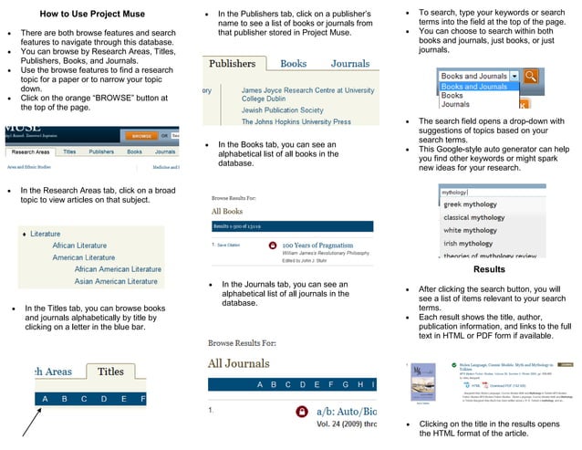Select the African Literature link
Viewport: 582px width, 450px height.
coord(79,246)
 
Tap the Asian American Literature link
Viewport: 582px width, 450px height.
coord(118,281)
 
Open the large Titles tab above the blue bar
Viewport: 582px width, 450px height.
coord(110,372)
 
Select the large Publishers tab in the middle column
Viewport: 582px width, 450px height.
coord(232,64)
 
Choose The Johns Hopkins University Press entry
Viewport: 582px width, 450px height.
coord(296,121)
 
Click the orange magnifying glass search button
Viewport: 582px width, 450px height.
coord(530,77)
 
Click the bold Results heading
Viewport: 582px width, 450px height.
coord(489,270)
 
